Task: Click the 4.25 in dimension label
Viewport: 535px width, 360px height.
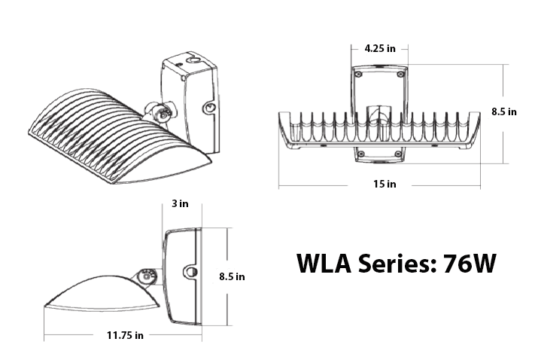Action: click(x=380, y=48)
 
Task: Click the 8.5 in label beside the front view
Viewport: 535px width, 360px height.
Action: click(x=503, y=111)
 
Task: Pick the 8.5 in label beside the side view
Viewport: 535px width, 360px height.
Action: click(x=230, y=276)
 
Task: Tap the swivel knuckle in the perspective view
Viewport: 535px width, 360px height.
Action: click(x=160, y=113)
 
